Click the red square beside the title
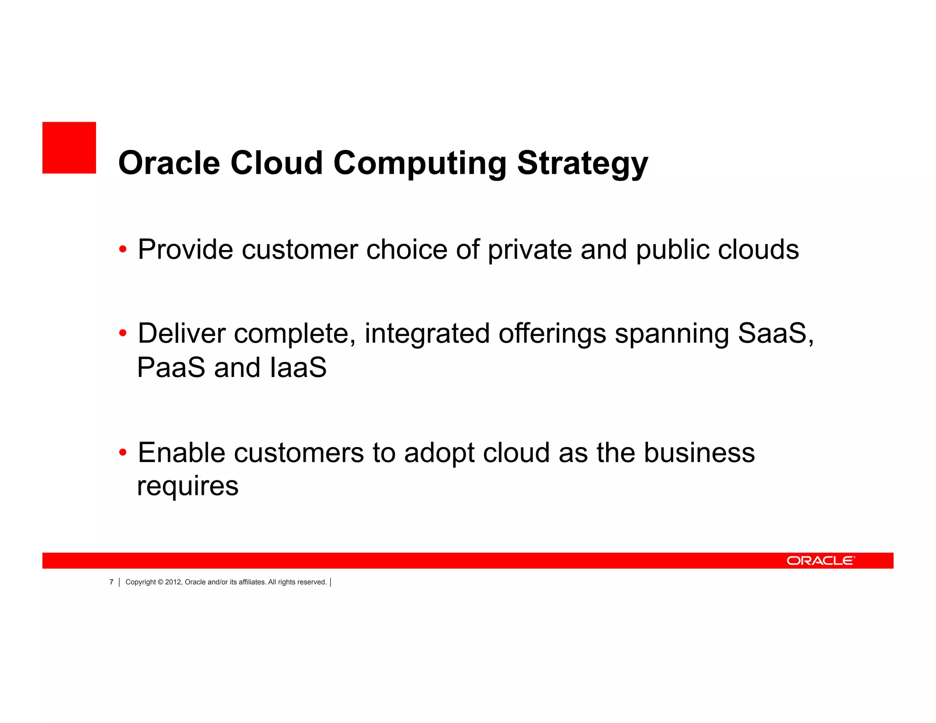pos(69,148)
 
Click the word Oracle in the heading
pos(169,163)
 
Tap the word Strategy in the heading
pos(582,164)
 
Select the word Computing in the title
pos(420,164)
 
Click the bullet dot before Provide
pos(122,250)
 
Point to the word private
pos(529,250)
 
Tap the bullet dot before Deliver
pos(122,333)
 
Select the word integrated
pos(427,334)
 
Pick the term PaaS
pos(171,367)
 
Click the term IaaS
pos(298,367)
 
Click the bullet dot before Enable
pos(122,453)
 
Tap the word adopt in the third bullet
pos(439,454)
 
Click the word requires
pos(187,486)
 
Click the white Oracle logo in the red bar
pos(820,561)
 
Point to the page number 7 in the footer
pos(111,582)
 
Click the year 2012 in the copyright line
pos(173,582)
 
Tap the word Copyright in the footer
pos(140,582)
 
